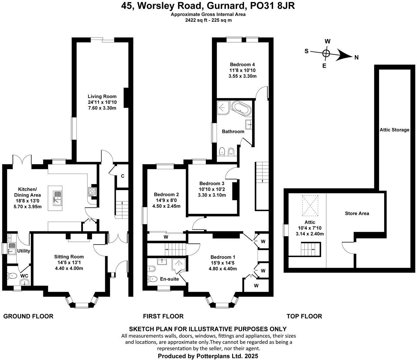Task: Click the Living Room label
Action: coord(102,96)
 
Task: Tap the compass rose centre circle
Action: coord(326,53)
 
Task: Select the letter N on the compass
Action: coord(356,58)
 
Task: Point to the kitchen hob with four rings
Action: coord(92,192)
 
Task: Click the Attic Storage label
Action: coord(394,130)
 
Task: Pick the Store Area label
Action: coord(357,213)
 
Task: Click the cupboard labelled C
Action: coord(123,176)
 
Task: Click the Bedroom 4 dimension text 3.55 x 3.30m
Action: coord(242,76)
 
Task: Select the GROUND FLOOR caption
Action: coord(28,316)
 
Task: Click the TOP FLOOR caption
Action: coord(304,316)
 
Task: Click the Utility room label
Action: coord(24,251)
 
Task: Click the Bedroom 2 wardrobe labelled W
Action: coord(166,237)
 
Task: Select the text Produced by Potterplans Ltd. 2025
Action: coord(208,356)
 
